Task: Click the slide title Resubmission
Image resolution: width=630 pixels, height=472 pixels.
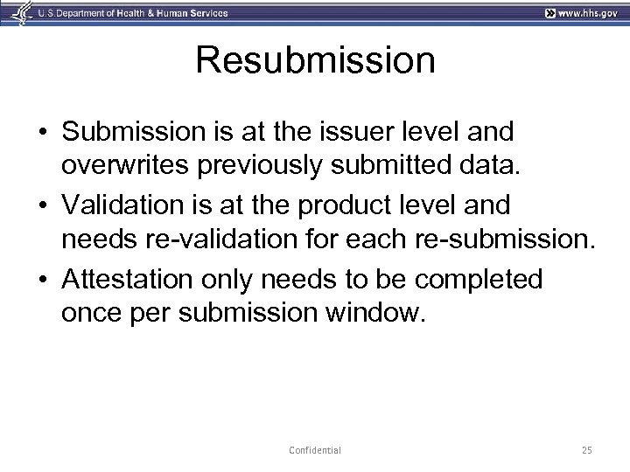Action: (315, 61)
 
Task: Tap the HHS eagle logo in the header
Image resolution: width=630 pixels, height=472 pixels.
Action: (18, 12)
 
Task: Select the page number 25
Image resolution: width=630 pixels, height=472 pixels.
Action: (586, 450)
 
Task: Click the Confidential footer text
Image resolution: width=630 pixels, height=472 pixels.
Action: (314, 450)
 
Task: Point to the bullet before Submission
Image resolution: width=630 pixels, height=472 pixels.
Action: (42, 132)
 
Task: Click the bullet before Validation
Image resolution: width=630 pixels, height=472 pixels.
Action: (42, 206)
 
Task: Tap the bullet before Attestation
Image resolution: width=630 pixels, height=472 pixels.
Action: (42, 281)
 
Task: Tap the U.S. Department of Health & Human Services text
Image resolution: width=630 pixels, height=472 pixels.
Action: (122, 12)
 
